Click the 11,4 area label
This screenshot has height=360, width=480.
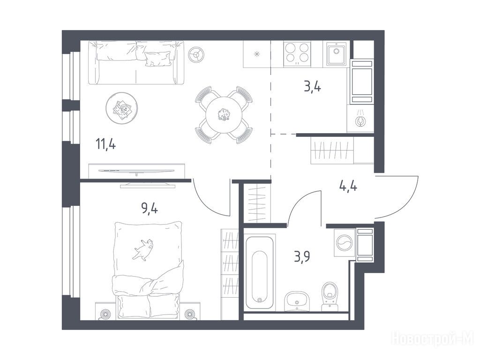[x=106, y=143]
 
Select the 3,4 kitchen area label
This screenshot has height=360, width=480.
[x=312, y=87]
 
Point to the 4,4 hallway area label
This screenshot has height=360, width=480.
[x=348, y=186]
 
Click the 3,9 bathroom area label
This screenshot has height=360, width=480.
[x=302, y=256]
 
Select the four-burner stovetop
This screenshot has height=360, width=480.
[x=297, y=54]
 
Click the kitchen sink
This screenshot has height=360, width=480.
[x=336, y=54]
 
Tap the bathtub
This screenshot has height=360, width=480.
[x=259, y=272]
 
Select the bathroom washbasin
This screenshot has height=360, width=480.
[x=297, y=301]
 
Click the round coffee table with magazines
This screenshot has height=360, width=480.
[x=121, y=108]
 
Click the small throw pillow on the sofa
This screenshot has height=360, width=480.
[x=157, y=59]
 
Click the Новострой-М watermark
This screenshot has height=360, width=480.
[x=433, y=339]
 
